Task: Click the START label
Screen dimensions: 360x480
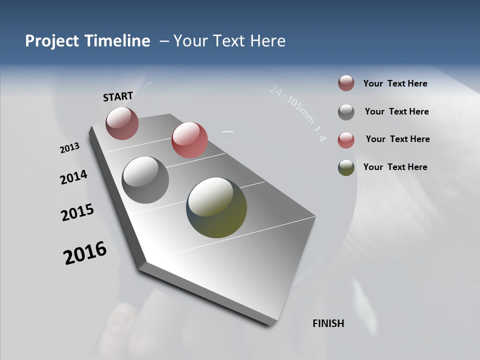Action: pos(118,96)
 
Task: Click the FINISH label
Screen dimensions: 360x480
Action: pos(328,323)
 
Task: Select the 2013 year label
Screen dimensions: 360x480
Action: pos(69,148)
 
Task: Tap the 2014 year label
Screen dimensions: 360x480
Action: pos(73,177)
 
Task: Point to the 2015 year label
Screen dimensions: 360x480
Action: pos(77,212)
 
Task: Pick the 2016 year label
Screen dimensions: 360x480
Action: pos(85,253)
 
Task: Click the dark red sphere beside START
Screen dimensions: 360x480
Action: pos(122,123)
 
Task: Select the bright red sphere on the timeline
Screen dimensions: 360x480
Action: pos(189,139)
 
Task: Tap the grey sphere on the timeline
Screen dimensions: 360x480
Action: pos(145,180)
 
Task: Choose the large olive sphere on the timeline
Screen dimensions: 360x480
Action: pos(216,207)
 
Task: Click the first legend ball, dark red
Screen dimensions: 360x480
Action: pos(346,83)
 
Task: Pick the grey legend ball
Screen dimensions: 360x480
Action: pos(346,112)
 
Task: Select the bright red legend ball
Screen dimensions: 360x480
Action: pos(346,140)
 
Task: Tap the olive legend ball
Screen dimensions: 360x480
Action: pos(346,167)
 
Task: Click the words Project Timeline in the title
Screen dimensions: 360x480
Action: pos(87,41)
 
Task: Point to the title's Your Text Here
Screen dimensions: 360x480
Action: pos(229,41)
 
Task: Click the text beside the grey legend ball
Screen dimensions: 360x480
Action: pos(396,111)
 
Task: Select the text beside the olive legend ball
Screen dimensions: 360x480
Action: pos(395,167)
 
